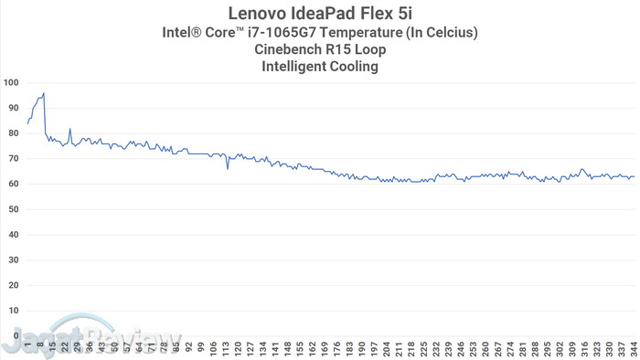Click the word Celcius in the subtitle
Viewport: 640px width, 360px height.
tap(449, 33)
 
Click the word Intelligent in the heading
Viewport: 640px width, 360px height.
tap(295, 66)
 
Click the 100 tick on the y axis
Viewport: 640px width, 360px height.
tap(11, 83)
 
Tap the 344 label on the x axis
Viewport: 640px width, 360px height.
tap(633, 348)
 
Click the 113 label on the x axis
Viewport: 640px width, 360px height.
tap(226, 348)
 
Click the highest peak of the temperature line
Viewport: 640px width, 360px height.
tap(44, 93)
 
